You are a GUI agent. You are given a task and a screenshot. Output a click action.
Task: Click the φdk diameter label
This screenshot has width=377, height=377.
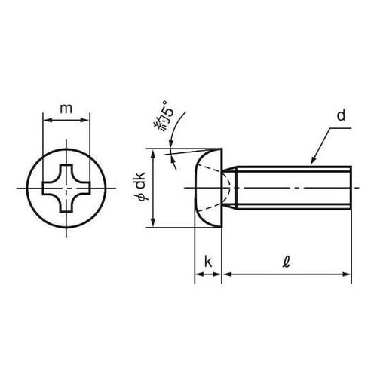(140, 188)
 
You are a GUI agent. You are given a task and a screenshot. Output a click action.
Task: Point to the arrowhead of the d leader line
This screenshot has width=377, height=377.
(311, 163)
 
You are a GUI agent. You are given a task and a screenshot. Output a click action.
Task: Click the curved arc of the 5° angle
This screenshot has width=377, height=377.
(175, 139)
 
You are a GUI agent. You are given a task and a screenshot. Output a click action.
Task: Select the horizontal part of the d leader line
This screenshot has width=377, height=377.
(343, 129)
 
